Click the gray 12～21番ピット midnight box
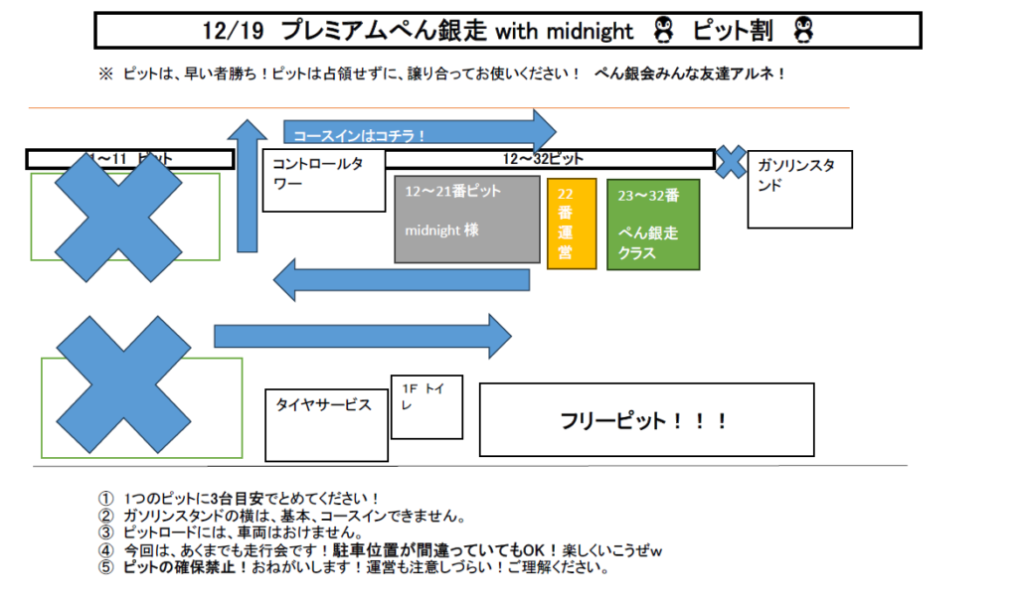click(466, 219)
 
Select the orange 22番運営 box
click(572, 224)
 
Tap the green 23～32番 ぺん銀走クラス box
click(653, 224)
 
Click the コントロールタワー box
click(323, 181)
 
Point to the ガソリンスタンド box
click(800, 189)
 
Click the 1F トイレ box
click(426, 407)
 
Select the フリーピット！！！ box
click(646, 420)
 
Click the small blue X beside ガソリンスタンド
click(731, 162)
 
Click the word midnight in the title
click(590, 32)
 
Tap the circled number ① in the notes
click(106, 498)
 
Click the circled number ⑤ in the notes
click(106, 569)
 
